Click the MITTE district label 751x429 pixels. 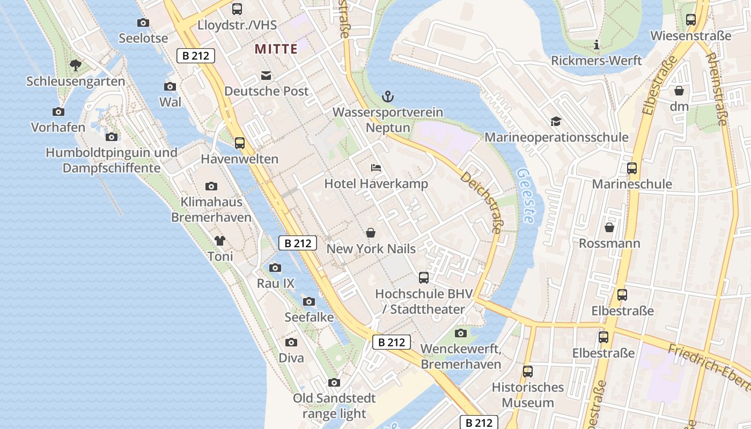coord(276,49)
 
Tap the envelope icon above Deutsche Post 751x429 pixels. coord(266,76)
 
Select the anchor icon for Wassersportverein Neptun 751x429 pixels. coord(387,97)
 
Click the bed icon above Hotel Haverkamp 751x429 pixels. coord(376,168)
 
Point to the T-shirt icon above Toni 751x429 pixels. coord(220,241)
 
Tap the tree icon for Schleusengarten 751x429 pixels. coord(76,65)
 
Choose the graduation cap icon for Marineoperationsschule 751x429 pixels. coord(556,122)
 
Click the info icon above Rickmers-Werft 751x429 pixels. coord(596,45)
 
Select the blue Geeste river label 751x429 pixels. coord(525,196)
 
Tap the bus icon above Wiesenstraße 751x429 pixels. coord(691,20)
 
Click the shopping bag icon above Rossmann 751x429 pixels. coord(609,228)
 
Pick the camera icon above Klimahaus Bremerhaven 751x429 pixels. coord(211,187)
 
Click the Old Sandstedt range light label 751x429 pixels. coord(334,406)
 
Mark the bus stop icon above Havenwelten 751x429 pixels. coord(240,143)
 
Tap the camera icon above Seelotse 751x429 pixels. coord(143,23)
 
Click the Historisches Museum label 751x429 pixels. coord(528,395)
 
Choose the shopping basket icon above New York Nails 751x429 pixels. coord(371,233)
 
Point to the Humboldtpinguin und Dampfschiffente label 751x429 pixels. coord(112,160)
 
